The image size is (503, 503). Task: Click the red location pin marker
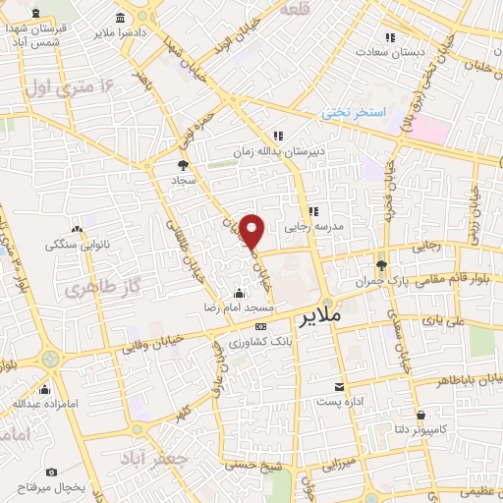(x=252, y=231)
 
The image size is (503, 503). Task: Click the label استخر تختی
(x=355, y=114)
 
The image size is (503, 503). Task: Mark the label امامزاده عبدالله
(x=39, y=403)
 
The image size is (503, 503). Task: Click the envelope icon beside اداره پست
(x=339, y=387)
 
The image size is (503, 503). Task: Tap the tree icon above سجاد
(x=183, y=165)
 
